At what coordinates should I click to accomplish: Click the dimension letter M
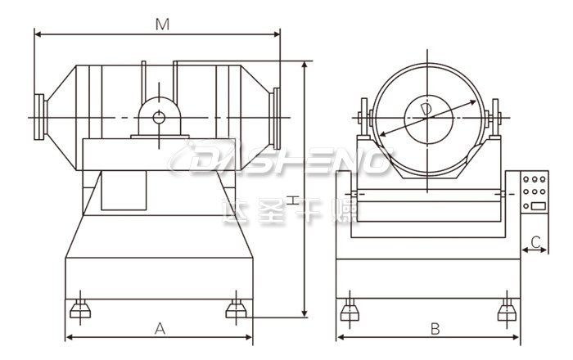pos(162,25)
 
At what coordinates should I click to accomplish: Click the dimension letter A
pos(160,329)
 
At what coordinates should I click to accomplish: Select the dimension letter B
pos(435,329)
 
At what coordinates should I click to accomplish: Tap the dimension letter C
pos(535,241)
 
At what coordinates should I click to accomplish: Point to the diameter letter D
pos(426,110)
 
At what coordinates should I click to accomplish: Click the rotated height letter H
pos(293,200)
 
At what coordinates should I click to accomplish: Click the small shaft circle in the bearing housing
pos(159,118)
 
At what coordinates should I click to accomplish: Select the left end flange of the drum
pos(39,117)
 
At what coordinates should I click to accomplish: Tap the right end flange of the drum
pos(277,119)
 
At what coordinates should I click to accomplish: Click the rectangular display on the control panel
pos(539,206)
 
